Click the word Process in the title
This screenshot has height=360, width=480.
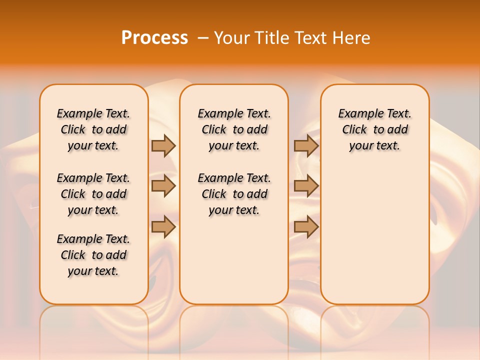pos(154,38)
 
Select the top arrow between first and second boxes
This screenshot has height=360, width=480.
pos(163,145)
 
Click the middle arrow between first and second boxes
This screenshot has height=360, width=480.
pos(163,186)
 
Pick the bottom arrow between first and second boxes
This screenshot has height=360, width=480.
pos(163,226)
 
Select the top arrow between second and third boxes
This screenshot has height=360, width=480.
pos(306,145)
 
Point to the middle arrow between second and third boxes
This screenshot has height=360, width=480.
pos(306,186)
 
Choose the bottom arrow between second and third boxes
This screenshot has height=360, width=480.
pos(306,226)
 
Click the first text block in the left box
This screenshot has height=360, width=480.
pos(93,129)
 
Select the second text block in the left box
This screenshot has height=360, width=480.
pos(93,194)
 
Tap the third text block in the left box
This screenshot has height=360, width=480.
pos(93,255)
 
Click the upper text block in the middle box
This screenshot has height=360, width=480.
pos(234,129)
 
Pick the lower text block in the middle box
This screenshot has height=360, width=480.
pos(234,194)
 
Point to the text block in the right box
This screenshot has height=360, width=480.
pos(375,129)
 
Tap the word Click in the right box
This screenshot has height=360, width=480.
pos(354,130)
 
